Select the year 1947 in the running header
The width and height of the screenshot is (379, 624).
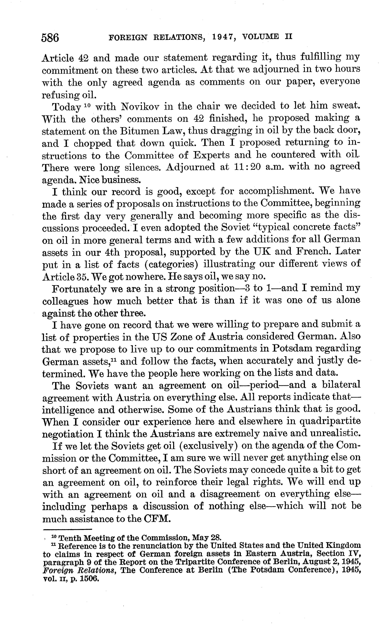click(223, 37)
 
